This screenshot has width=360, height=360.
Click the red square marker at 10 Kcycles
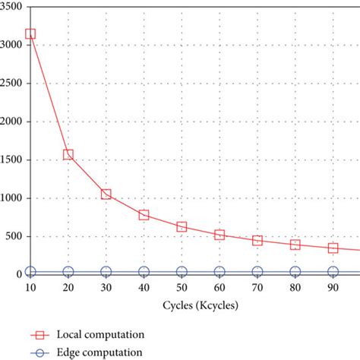(x=30, y=33)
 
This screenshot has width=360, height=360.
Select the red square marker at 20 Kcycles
(x=68, y=154)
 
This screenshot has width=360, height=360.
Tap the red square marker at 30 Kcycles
(x=106, y=194)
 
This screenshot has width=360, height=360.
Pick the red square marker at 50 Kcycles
(x=182, y=226)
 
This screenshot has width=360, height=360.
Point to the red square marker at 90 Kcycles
(x=333, y=248)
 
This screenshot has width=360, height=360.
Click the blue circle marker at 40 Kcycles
(x=144, y=272)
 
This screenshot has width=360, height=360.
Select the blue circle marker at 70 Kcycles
(x=257, y=272)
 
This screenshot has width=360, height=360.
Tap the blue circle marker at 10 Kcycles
(x=30, y=272)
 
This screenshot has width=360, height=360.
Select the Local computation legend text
(x=98, y=334)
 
